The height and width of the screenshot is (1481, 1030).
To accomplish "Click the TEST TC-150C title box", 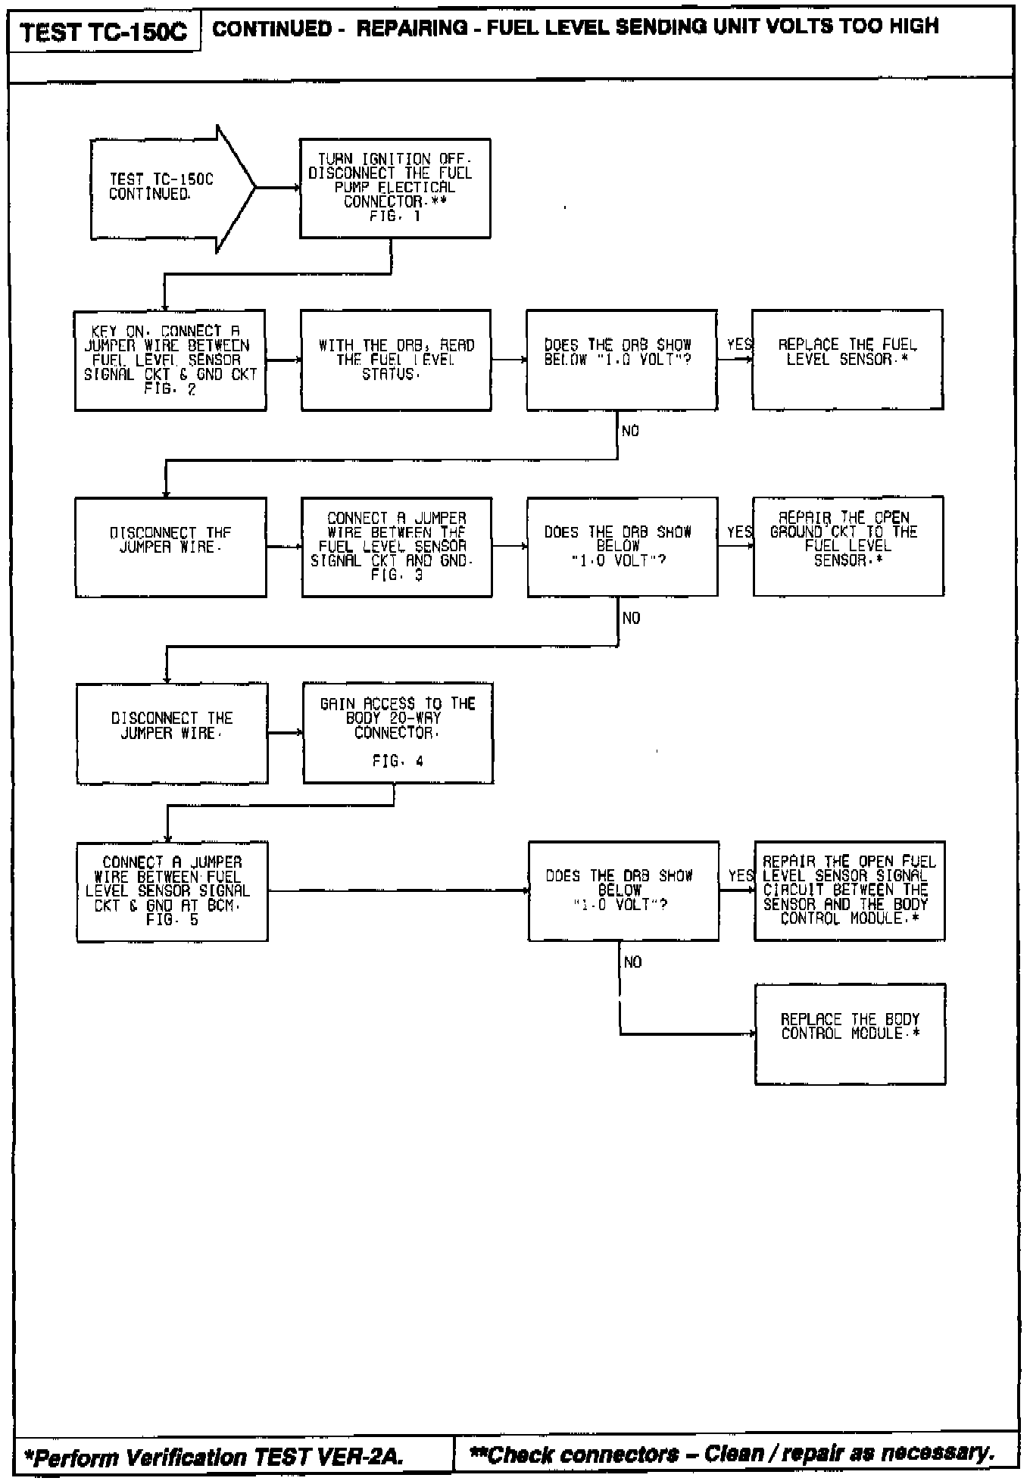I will click(x=105, y=33).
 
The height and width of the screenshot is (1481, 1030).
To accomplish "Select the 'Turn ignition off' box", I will click(x=395, y=188).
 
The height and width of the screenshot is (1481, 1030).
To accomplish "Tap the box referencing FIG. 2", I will click(x=170, y=360).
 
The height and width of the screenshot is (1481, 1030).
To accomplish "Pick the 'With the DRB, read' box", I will click(x=395, y=360).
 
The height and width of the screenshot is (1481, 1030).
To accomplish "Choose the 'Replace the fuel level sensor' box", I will click(x=847, y=360).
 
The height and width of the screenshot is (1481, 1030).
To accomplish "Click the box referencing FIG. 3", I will click(x=396, y=547).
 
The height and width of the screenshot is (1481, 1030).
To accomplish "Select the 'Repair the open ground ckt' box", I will click(x=847, y=546).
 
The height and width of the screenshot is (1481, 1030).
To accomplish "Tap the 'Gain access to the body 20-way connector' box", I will click(x=398, y=733).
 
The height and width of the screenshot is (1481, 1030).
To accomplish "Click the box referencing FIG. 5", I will click(x=172, y=891).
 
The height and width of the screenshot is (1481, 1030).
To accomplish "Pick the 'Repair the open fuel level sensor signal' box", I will click(x=849, y=890).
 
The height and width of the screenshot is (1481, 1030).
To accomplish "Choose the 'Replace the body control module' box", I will click(x=850, y=1034).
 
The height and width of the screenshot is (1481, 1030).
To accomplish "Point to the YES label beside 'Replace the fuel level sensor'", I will click(x=739, y=345).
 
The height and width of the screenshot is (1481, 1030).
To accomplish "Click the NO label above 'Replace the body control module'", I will click(x=632, y=962).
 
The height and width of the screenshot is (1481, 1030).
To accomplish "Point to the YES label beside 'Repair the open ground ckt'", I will click(x=740, y=532).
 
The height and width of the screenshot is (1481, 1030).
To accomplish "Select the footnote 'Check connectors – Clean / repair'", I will click(x=732, y=1454).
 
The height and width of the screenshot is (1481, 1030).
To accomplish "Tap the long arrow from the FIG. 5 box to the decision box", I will click(x=398, y=891).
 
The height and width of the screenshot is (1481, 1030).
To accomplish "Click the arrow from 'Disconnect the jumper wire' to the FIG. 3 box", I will click(x=284, y=547).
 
